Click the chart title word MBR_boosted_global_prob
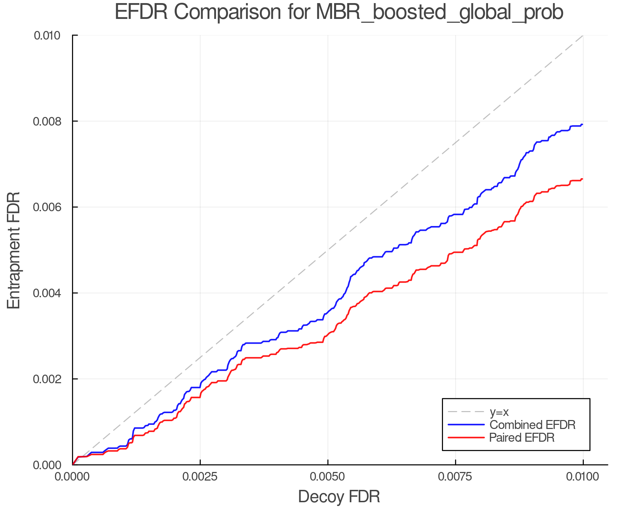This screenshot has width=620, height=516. point(440,12)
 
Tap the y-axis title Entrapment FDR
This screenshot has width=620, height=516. point(14,250)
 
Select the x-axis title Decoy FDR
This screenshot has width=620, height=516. point(339,497)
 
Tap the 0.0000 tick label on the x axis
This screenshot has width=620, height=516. point(72,477)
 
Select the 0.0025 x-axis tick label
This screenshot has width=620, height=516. point(200,477)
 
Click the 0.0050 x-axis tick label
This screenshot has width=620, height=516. point(328,477)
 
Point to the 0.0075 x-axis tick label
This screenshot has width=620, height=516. point(455,477)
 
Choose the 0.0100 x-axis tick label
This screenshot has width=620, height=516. point(583,477)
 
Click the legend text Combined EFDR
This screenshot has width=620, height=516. point(533,425)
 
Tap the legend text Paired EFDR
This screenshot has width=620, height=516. point(522,438)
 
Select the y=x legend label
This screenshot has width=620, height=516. point(499,412)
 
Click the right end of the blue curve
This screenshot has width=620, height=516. point(582,125)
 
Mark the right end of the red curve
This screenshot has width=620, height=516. point(582,179)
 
